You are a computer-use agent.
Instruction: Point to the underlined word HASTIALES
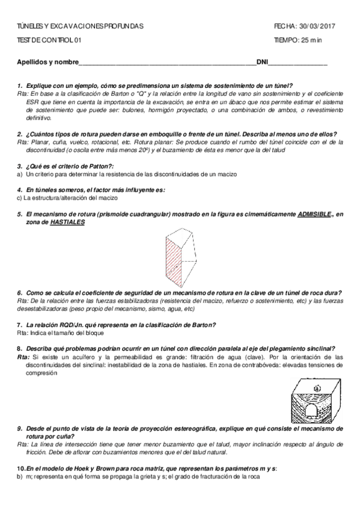(67, 222)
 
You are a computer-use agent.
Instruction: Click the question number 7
(20, 325)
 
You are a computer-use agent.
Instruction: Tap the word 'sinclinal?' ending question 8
(319, 348)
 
